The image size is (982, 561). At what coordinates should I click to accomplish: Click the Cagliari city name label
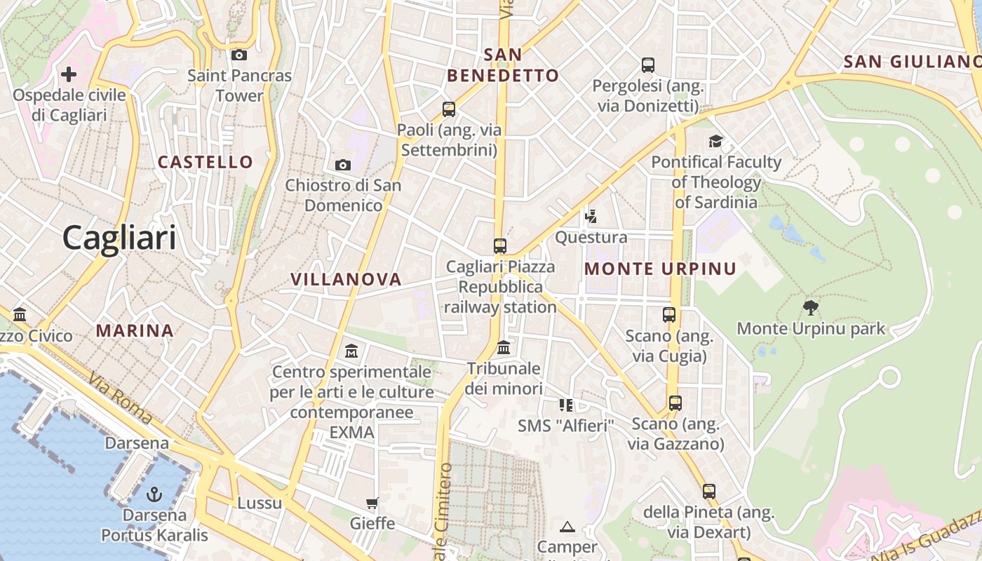[119, 238]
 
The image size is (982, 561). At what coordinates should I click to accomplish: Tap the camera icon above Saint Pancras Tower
[239, 55]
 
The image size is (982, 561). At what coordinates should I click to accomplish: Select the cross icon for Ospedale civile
[69, 74]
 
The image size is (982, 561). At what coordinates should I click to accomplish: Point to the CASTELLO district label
[205, 162]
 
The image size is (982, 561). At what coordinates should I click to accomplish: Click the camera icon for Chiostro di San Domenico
[343, 165]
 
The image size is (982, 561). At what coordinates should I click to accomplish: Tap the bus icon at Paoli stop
[449, 109]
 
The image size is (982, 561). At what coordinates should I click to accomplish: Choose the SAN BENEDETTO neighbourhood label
[503, 65]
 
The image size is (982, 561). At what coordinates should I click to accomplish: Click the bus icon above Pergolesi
[648, 65]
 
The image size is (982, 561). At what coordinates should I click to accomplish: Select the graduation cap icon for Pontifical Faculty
[715, 141]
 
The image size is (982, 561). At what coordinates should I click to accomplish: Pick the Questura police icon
[591, 216]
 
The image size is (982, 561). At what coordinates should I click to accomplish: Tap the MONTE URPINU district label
[660, 269]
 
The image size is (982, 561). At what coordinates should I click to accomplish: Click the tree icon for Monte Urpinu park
[811, 307]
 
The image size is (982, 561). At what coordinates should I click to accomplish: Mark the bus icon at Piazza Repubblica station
[500, 246]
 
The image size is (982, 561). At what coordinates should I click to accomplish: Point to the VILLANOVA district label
[346, 279]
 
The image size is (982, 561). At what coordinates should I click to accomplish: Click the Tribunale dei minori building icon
[504, 347]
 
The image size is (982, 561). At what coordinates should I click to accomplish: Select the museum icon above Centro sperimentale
[351, 350]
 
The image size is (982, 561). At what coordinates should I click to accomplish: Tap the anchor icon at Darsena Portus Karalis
[154, 494]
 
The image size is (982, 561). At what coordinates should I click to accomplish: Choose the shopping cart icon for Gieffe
[372, 503]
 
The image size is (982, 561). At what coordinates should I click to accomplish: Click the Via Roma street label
[121, 398]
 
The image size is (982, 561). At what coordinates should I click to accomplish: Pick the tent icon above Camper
[567, 526]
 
